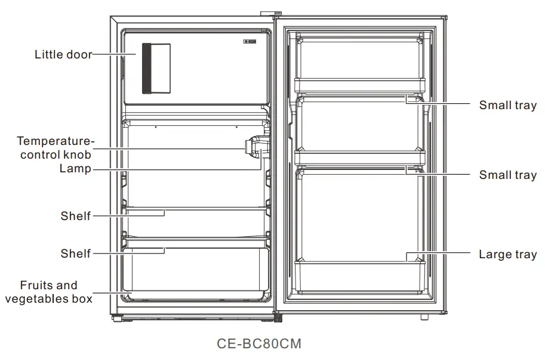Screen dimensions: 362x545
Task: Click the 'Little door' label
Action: pyautogui.click(x=63, y=55)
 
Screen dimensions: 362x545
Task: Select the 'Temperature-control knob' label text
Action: pyautogui.click(x=56, y=148)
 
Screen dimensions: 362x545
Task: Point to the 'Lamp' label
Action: pyautogui.click(x=75, y=169)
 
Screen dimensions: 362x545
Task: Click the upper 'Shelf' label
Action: pyautogui.click(x=76, y=216)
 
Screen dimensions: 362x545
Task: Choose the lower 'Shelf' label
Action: pyautogui.click(x=76, y=253)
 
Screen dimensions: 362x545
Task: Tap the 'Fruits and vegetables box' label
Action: pyautogui.click(x=49, y=292)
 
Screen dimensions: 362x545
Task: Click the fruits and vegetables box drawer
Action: pyautogui.click(x=195, y=271)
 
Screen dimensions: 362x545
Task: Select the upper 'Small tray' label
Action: pyautogui.click(x=508, y=106)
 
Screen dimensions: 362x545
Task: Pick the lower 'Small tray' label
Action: pyautogui.click(x=508, y=175)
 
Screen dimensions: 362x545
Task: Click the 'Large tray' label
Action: pyautogui.click(x=508, y=255)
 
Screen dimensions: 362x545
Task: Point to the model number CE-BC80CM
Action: pyautogui.click(x=260, y=344)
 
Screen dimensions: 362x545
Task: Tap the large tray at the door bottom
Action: pyautogui.click(x=359, y=276)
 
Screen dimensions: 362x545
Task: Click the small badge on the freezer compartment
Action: pyautogui.click(x=250, y=42)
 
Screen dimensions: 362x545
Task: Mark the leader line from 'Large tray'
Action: pyautogui.click(x=442, y=255)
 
